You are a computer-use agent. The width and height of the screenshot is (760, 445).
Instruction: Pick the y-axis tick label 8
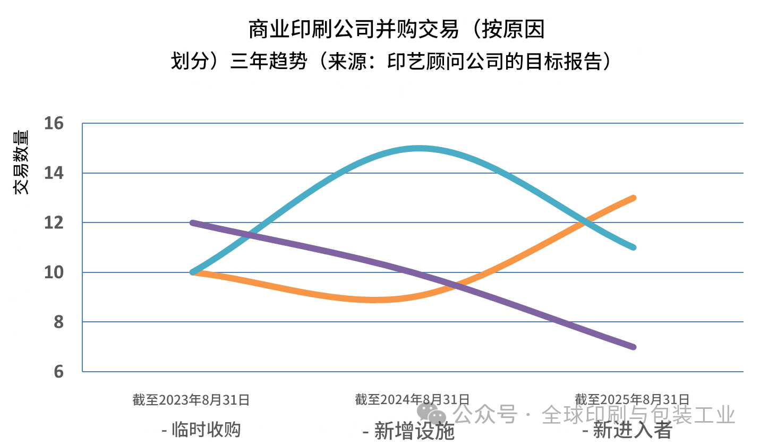pos(57,322)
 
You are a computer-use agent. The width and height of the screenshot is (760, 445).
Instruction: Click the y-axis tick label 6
pos(57,371)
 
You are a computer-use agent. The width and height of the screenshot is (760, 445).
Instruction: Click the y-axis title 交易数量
pos(21,162)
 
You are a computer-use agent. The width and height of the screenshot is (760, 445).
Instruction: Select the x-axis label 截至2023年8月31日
pos(191,399)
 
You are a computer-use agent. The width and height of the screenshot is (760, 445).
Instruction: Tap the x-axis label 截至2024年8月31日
pos(412,399)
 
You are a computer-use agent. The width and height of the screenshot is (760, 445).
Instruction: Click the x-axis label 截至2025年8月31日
pos(633,399)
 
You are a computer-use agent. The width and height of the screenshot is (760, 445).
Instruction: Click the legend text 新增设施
pos(409,430)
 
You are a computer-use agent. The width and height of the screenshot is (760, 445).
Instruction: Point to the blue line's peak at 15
pos(420,149)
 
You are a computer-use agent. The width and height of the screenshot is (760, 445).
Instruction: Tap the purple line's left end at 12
pos(192,223)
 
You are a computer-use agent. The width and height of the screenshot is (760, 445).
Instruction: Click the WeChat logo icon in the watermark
pos(431,413)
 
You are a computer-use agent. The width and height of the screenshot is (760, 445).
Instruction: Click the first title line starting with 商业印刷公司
pos(397,30)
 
